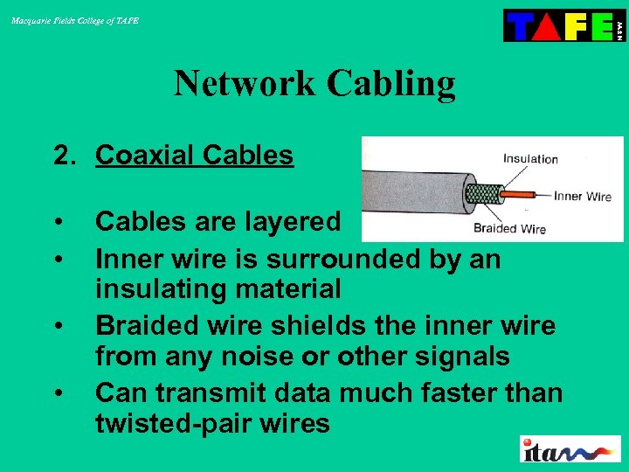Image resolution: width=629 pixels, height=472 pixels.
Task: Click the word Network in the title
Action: click(245, 84)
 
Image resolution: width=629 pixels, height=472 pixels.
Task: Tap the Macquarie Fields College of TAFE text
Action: click(75, 20)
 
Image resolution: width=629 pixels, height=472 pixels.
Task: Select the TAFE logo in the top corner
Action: click(563, 25)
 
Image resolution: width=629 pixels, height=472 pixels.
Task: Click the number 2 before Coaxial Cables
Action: click(60, 156)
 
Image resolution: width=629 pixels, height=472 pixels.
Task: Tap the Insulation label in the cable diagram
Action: click(530, 159)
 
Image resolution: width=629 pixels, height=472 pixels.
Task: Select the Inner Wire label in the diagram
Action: click(582, 197)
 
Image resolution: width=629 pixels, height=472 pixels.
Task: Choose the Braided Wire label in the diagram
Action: click(509, 229)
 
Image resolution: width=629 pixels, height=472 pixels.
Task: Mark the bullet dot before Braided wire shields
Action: click(59, 327)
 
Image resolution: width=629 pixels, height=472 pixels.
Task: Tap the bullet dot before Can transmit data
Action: click(59, 394)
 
